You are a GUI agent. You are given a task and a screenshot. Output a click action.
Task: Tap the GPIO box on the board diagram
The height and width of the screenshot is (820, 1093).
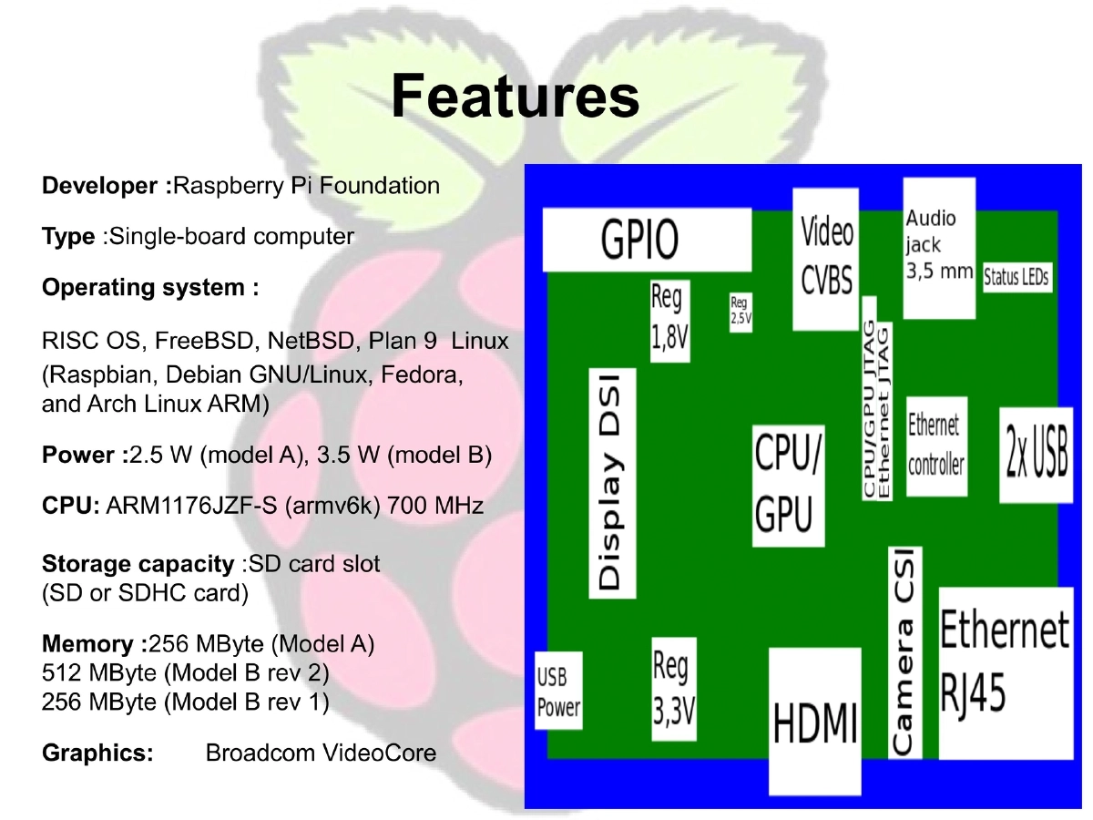tap(647, 240)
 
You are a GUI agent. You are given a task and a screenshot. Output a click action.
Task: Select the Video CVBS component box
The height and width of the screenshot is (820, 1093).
tap(826, 258)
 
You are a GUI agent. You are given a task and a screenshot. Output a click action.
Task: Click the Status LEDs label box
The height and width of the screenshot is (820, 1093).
tap(1016, 278)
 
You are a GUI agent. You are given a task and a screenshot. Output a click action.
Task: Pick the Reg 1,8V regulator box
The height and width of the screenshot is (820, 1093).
tap(669, 321)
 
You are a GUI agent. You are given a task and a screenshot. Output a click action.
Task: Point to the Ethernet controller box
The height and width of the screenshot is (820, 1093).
tap(935, 446)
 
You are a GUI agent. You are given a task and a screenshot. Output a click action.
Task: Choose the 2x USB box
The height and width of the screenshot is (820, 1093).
tap(1036, 454)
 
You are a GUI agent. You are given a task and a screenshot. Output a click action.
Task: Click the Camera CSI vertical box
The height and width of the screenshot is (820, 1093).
tap(904, 651)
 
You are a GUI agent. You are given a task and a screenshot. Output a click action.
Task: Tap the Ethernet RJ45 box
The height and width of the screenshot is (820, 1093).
tap(1003, 672)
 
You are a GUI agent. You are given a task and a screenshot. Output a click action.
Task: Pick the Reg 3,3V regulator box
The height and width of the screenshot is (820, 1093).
tap(673, 690)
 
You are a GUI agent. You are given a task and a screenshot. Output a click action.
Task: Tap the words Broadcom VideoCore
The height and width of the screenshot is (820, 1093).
tap(321, 753)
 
